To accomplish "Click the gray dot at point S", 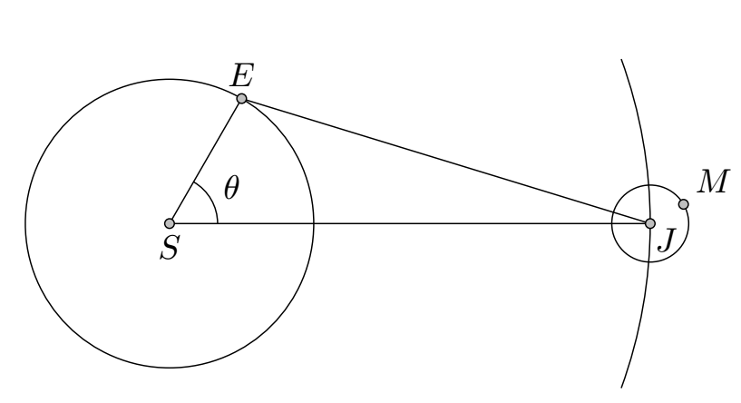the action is (x=170, y=223).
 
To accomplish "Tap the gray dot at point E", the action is (x=241, y=98).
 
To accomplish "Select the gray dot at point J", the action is (x=650, y=223).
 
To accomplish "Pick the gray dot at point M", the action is (x=683, y=204).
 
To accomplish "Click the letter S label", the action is (x=170, y=248).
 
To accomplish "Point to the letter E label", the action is (x=242, y=75).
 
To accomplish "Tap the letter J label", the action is (x=668, y=240).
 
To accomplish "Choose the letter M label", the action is (x=714, y=182).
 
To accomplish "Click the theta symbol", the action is (x=231, y=187).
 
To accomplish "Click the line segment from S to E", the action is (x=206, y=161).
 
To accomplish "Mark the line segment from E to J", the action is (x=445, y=161).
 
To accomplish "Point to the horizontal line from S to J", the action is (x=410, y=223).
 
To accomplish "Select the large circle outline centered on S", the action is (x=170, y=80).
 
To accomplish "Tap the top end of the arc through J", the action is (x=621, y=60).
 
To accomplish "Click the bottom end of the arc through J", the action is (x=621, y=388).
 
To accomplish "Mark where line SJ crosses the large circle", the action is (x=314, y=223).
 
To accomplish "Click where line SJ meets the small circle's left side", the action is (x=612, y=223).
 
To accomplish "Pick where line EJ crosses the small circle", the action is (x=613, y=211).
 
